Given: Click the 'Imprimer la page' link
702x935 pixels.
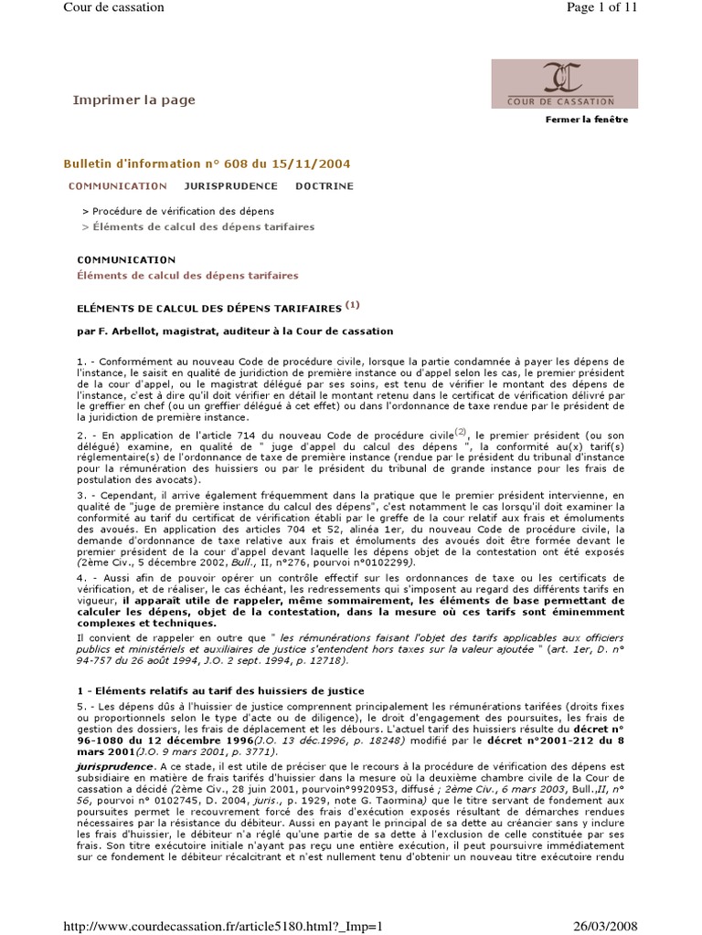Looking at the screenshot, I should click(134, 100).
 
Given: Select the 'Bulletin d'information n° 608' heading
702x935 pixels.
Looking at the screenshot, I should click(206, 163).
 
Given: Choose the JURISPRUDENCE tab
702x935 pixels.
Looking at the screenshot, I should click(230, 186).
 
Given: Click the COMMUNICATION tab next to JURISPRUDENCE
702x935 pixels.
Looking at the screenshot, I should click(118, 186).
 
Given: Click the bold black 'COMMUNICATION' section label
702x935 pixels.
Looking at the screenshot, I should click(126, 260).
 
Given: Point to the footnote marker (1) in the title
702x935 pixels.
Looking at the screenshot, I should click(354, 305).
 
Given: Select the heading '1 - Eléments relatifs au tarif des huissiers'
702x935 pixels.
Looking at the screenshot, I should click(220, 690).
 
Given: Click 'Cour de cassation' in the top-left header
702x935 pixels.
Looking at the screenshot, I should click(113, 8).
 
